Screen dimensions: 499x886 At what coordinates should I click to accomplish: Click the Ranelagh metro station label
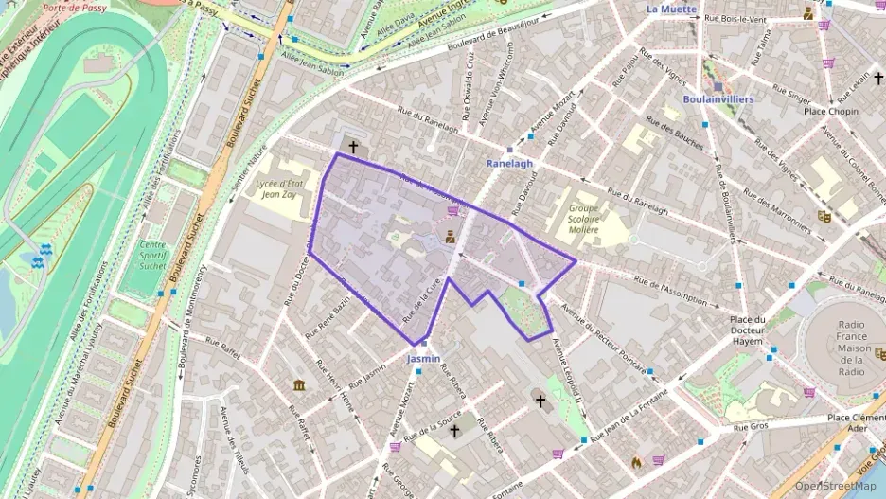click(509, 163)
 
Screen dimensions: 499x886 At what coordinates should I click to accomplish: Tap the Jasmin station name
click(423, 360)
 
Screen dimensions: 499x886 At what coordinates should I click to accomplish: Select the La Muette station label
click(671, 9)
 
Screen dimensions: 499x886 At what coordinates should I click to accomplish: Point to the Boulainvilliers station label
click(717, 98)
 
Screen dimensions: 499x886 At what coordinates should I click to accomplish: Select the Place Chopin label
click(831, 112)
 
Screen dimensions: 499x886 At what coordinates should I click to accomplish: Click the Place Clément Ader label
click(855, 422)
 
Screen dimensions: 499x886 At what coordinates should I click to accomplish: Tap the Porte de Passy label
click(74, 8)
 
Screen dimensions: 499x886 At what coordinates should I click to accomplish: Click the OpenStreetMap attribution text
click(835, 487)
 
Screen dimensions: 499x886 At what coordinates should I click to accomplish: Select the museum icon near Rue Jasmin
click(299, 384)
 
